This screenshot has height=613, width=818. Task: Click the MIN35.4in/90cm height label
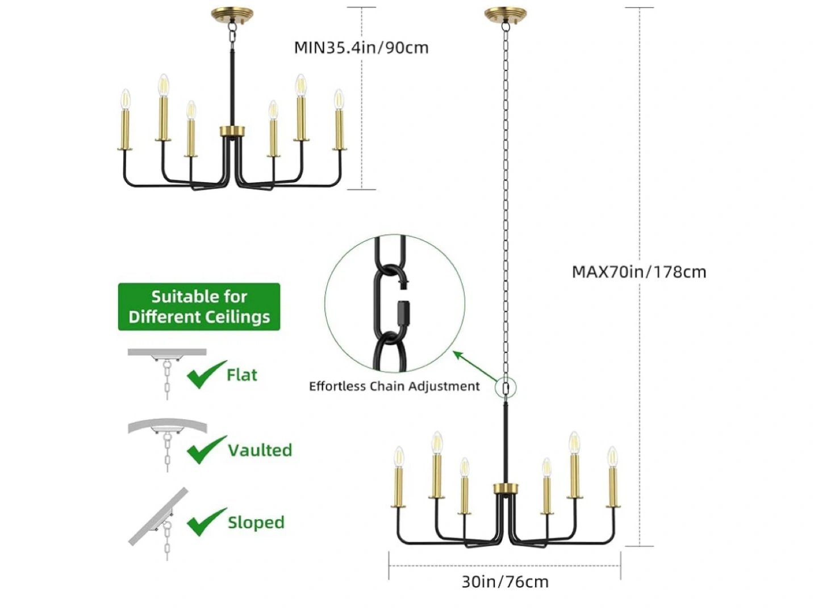[x=361, y=48]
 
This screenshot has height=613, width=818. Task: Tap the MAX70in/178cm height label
[x=638, y=272]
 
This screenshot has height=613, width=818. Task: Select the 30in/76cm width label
[x=505, y=582]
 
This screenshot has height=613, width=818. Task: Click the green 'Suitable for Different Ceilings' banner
[x=199, y=306]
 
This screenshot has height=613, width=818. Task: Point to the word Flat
[x=241, y=375]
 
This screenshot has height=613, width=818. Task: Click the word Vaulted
[x=260, y=450]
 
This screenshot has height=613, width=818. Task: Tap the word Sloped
[x=256, y=522]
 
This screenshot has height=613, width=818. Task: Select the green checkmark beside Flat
[x=205, y=375]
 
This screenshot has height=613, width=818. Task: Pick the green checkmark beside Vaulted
[x=206, y=450]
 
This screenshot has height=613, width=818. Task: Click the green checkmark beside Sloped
[x=206, y=522]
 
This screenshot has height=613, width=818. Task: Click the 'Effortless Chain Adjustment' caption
[x=394, y=387]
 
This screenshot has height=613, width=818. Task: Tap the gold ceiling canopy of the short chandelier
[x=232, y=14]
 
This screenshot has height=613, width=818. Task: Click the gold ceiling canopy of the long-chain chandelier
[x=505, y=14]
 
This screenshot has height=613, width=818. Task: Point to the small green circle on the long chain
[x=506, y=388]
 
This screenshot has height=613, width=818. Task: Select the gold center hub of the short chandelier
[x=232, y=131]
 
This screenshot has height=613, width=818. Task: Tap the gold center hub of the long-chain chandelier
[x=506, y=488]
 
